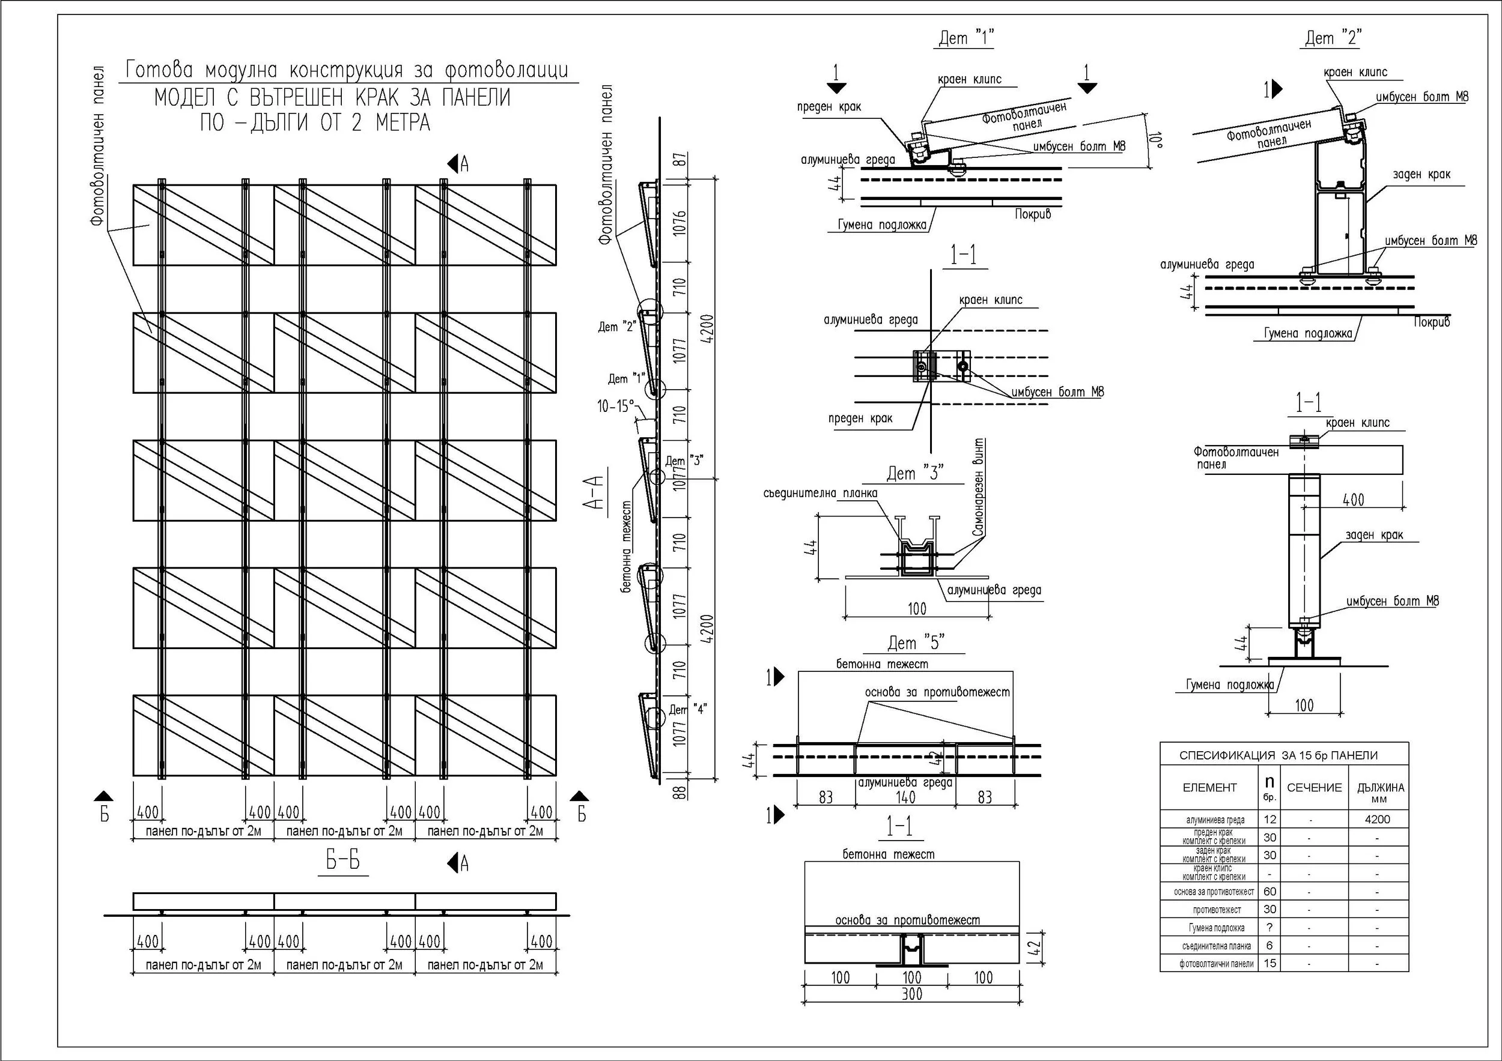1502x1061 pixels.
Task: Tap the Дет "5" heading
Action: point(916,643)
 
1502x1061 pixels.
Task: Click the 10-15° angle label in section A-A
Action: point(616,407)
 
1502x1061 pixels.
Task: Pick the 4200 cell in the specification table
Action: point(1378,819)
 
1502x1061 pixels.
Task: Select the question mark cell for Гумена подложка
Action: point(1269,928)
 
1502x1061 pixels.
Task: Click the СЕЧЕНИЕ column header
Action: point(1315,788)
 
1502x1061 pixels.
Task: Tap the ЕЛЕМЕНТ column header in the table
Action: point(1209,788)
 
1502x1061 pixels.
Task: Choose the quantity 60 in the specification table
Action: point(1269,892)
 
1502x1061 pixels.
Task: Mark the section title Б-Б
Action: point(343,862)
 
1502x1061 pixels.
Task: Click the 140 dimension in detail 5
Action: point(905,797)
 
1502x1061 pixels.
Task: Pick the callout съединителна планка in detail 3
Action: point(820,493)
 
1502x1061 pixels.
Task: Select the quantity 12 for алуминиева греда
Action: point(1269,819)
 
